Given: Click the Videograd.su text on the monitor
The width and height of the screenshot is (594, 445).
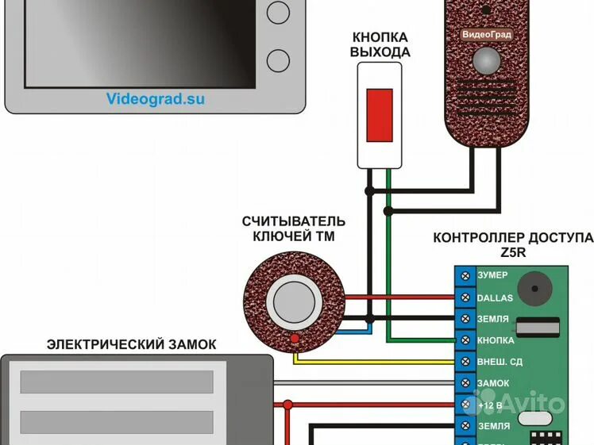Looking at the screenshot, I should (155, 99).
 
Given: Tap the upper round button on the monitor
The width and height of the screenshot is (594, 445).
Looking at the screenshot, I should (279, 11).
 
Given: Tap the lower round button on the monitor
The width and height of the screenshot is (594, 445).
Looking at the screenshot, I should (279, 59).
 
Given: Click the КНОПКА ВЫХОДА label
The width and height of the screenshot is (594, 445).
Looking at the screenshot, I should (380, 45).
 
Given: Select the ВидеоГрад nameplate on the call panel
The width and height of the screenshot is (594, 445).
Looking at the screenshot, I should (487, 35).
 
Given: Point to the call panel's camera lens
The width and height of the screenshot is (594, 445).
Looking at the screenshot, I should (486, 60).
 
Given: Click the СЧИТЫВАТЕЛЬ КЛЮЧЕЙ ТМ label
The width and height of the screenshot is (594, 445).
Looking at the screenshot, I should (294, 228).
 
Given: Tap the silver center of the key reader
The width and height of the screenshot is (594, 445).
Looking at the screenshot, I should (292, 302).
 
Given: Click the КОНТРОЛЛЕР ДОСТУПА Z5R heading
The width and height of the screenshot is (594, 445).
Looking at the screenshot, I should (512, 245).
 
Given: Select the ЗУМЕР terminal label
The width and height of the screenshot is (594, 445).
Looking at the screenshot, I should (492, 276).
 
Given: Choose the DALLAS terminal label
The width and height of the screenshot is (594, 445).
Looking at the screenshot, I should (495, 297).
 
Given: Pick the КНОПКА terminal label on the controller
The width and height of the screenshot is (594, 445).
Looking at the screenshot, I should (496, 340).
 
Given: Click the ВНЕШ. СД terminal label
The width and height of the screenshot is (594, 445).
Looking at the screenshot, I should (498, 362).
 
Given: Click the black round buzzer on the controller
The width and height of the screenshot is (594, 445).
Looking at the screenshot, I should (534, 290).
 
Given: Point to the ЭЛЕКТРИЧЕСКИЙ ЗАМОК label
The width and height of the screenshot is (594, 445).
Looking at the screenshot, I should (131, 344).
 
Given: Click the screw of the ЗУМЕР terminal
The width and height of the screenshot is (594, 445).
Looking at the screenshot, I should (466, 276).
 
